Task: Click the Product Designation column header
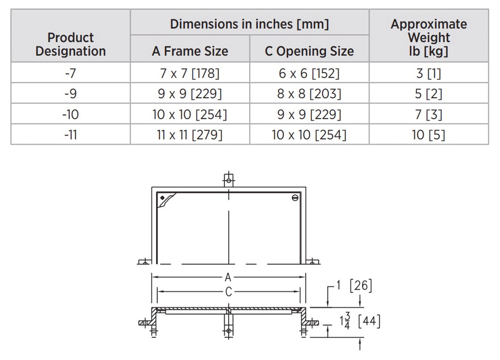pyautogui.click(x=70, y=45)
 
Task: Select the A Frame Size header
pyautogui.click(x=190, y=51)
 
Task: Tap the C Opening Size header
pyautogui.click(x=309, y=51)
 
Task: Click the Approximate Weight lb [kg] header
pyautogui.click(x=429, y=38)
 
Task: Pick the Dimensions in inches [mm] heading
pyautogui.click(x=249, y=24)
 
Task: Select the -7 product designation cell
pyautogui.click(x=70, y=73)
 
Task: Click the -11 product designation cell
pyautogui.click(x=70, y=135)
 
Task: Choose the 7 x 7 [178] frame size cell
pyautogui.click(x=190, y=73)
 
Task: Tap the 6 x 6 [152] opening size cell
pyautogui.click(x=309, y=73)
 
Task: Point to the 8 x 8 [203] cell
pyautogui.click(x=309, y=94)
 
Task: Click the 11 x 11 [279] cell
pyautogui.click(x=190, y=135)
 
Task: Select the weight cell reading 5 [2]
pyautogui.click(x=429, y=94)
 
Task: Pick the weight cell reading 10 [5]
pyautogui.click(x=429, y=135)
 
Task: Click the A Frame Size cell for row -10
pyautogui.click(x=190, y=114)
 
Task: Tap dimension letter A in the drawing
pyautogui.click(x=228, y=277)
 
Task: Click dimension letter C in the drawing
pyautogui.click(x=228, y=292)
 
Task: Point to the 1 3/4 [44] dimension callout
pyautogui.click(x=360, y=322)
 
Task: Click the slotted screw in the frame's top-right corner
pyautogui.click(x=294, y=198)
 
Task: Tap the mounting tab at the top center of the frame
pyautogui.click(x=228, y=179)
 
